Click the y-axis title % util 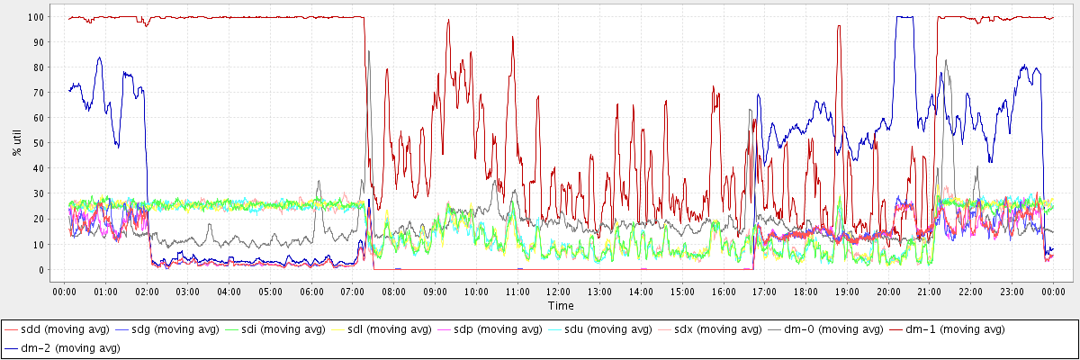coord(15,142)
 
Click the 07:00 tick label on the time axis coord(353,292)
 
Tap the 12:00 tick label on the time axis coord(559,292)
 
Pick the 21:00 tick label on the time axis coord(930,292)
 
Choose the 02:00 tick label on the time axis coord(147,292)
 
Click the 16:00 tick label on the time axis coord(724,292)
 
